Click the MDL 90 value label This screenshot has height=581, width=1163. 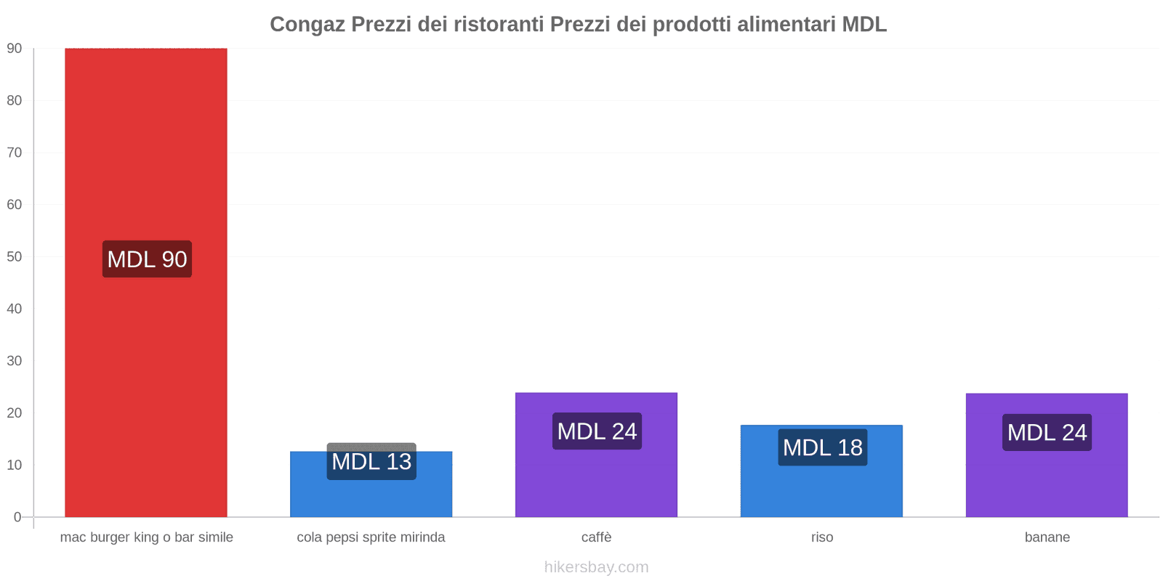tap(147, 259)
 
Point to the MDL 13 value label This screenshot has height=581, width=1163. tap(371, 462)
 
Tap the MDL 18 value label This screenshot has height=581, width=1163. tap(822, 447)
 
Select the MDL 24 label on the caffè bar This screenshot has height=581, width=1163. tap(597, 431)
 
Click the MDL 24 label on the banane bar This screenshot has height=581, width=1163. tap(1047, 433)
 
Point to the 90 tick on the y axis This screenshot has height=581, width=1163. tap(15, 49)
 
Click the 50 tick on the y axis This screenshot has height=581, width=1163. tap(15, 257)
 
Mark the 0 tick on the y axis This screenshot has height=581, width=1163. tap(17, 517)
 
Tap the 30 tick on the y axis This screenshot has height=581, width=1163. tap(15, 361)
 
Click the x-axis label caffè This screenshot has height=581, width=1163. tap(596, 537)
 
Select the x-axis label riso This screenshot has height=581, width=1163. tap(822, 537)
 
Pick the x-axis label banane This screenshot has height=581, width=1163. tap(1047, 537)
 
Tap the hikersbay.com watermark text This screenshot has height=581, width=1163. tap(596, 567)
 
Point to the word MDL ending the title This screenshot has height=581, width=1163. tap(864, 25)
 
